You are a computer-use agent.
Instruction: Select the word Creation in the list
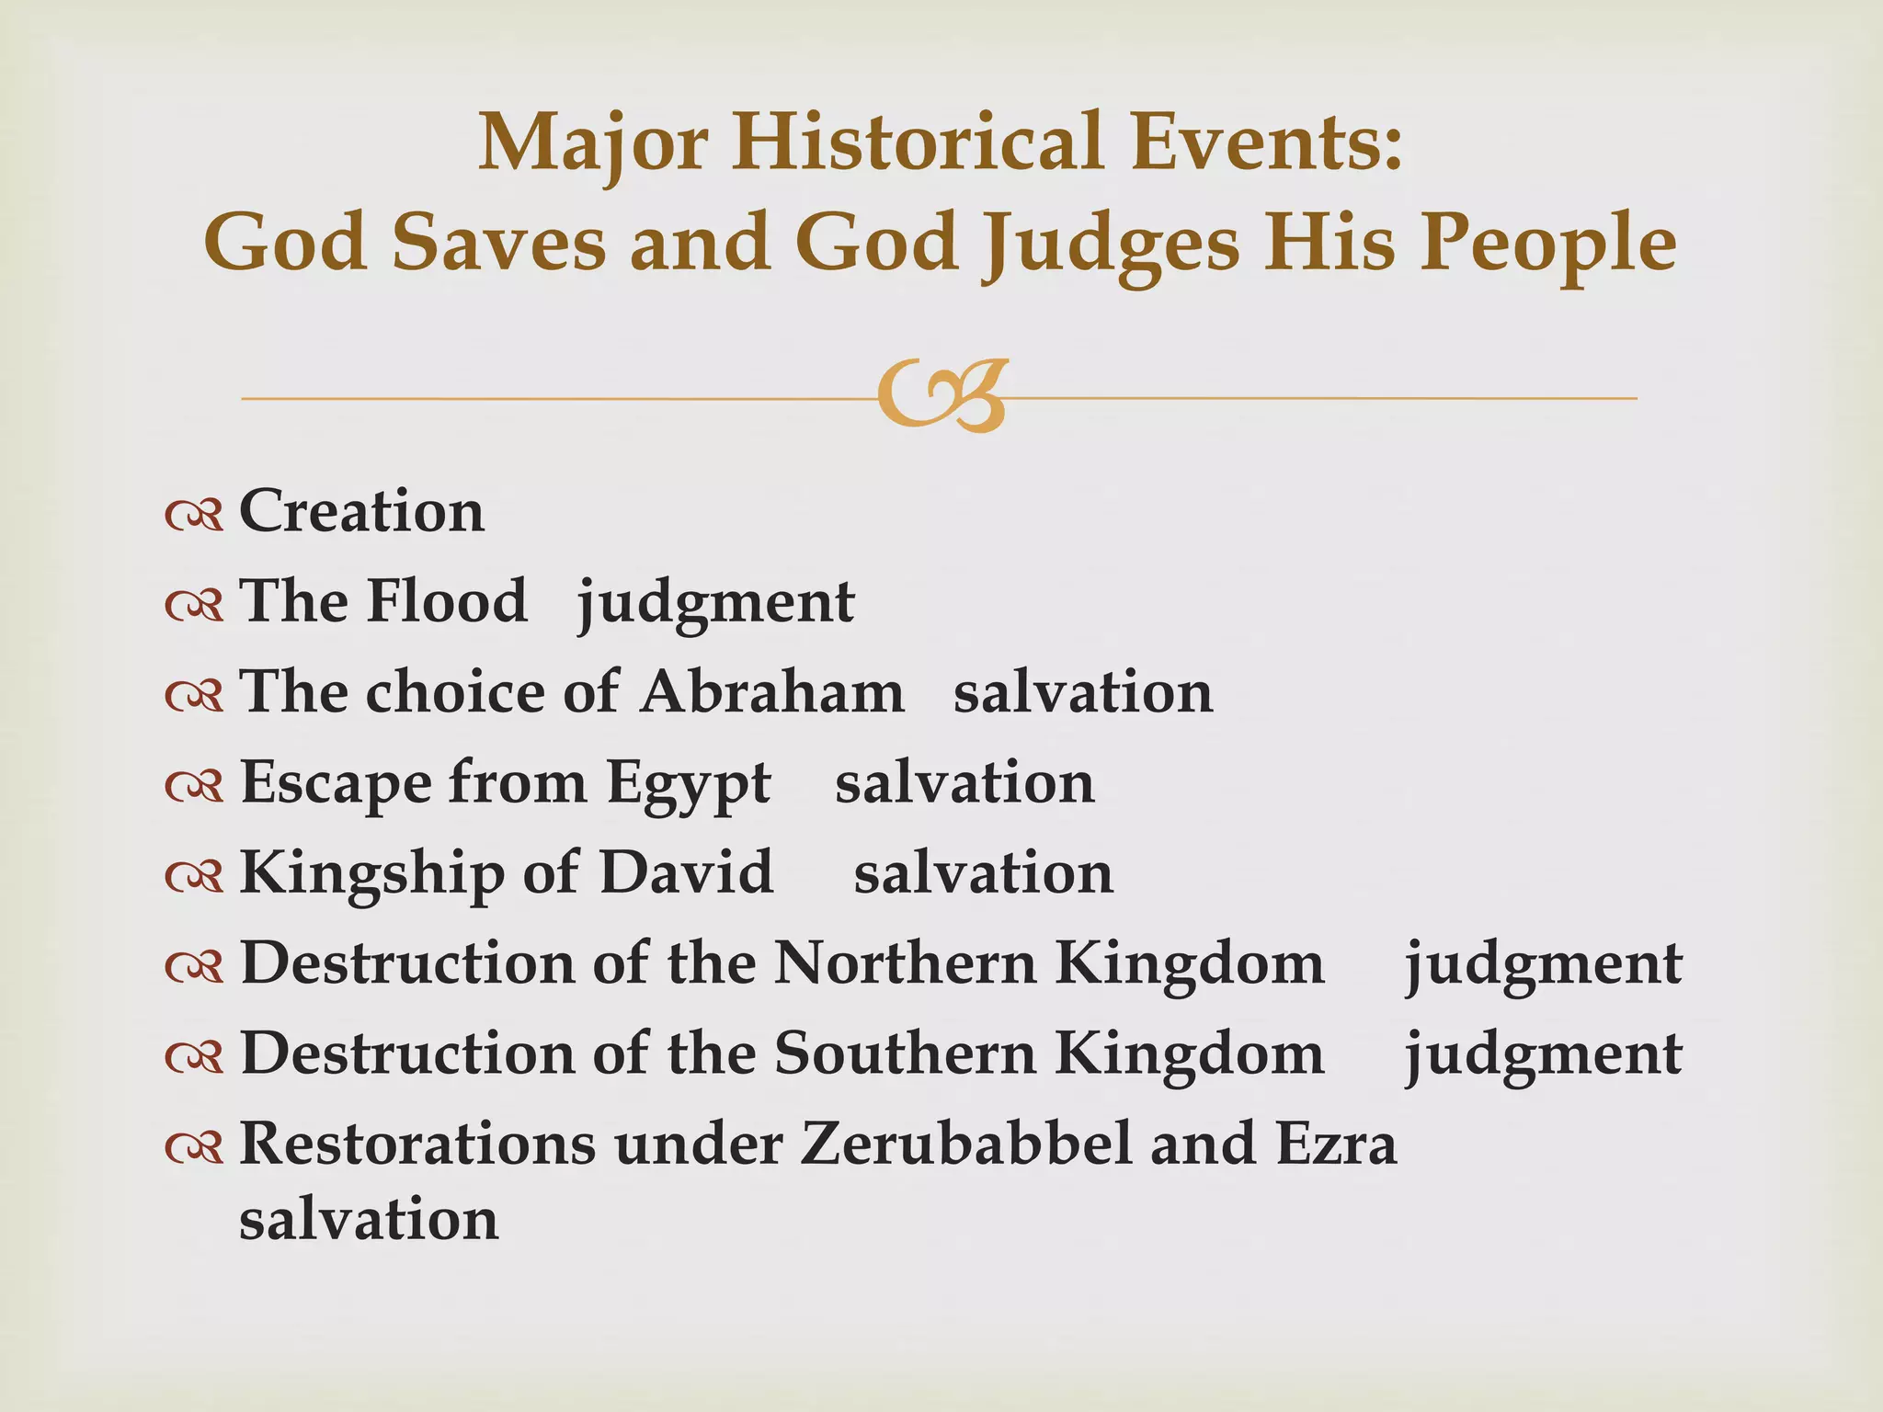(x=361, y=511)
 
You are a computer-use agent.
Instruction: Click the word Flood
(x=447, y=601)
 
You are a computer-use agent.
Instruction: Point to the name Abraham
(x=772, y=691)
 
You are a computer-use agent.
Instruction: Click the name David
(x=687, y=872)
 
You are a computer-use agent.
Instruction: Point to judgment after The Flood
(x=715, y=603)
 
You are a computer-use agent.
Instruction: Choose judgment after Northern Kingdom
(x=1543, y=965)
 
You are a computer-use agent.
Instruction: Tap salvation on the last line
(x=369, y=1220)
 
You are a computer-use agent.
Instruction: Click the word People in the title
(x=1548, y=244)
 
